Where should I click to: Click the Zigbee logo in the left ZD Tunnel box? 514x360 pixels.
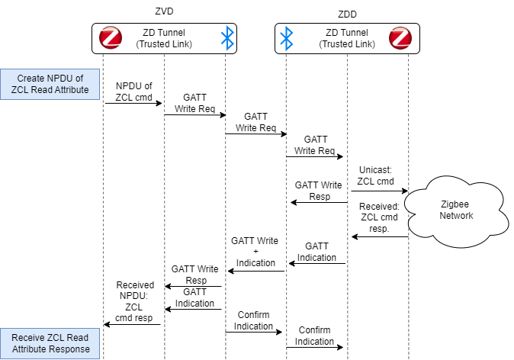[x=111, y=38]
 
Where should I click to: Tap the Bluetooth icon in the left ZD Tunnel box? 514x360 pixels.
[x=226, y=38]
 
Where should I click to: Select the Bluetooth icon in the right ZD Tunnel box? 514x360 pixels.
[x=286, y=38]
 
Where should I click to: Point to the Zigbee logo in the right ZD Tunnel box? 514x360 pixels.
[x=400, y=38]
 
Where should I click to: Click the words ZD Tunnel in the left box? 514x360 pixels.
[x=164, y=33]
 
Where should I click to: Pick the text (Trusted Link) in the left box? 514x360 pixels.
[x=164, y=44]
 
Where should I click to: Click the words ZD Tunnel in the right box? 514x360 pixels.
[x=347, y=33]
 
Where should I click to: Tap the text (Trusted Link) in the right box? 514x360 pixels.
[x=347, y=44]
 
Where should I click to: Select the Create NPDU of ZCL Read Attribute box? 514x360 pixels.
[x=50, y=84]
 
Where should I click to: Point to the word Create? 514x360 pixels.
[x=31, y=79]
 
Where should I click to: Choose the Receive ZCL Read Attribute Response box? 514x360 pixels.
[x=50, y=343]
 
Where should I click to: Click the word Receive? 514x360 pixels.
[x=31, y=338]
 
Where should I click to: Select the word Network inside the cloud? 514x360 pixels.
[x=456, y=216]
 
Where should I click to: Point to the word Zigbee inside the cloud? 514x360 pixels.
[x=456, y=204]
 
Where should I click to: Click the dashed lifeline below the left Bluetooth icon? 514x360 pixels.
[x=226, y=153]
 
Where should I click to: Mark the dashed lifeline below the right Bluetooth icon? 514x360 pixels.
[x=287, y=153]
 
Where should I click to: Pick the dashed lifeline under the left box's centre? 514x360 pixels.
[x=165, y=153]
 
